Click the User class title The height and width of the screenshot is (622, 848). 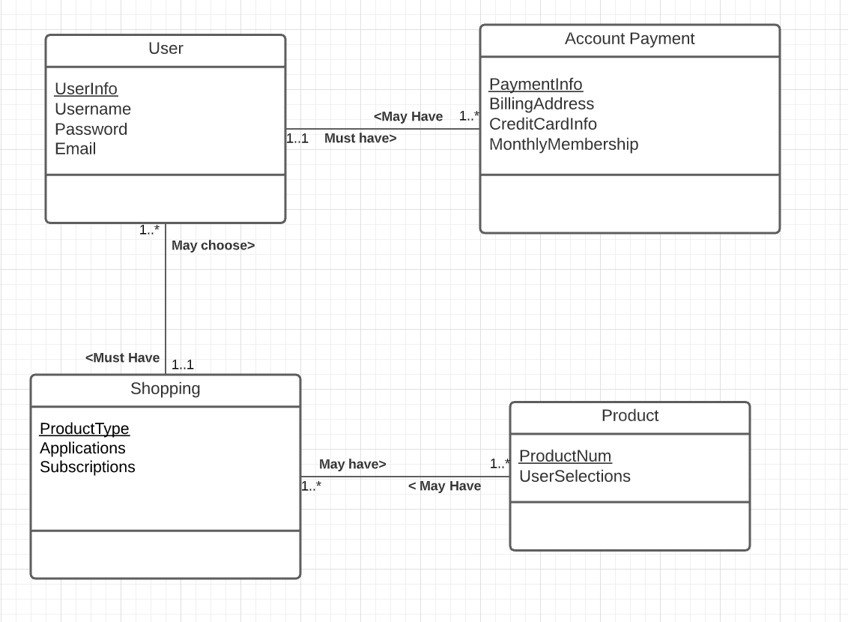166,49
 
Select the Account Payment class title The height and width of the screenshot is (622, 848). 629,39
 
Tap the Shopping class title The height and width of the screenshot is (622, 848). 165,388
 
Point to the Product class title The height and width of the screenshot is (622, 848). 629,416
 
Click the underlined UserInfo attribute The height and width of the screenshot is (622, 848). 86,89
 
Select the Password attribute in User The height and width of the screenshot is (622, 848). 91,129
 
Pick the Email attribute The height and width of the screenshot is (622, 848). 75,148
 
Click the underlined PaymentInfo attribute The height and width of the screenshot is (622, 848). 536,84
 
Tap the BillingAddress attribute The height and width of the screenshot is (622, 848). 541,104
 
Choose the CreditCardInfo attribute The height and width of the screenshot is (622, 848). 542,124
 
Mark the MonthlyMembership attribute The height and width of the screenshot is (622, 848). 563,144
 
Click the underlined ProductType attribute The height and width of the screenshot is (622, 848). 84,429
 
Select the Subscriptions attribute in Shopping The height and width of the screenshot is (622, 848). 87,467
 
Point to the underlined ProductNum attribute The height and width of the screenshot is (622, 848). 565,456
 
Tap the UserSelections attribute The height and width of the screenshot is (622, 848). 575,476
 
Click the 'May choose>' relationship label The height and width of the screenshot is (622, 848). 213,245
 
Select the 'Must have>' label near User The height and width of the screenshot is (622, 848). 360,138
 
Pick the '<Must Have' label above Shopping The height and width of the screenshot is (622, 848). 122,357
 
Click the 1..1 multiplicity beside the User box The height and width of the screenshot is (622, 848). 297,139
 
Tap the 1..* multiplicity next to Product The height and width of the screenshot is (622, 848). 500,464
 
